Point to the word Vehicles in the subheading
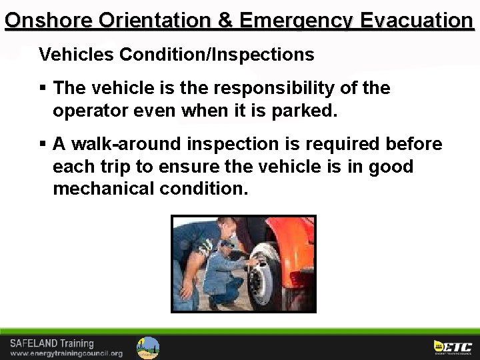coord(76,55)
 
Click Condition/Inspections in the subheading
coord(217,55)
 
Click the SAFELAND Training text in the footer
coord(51,343)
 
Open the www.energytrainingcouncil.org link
coord(66,353)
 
